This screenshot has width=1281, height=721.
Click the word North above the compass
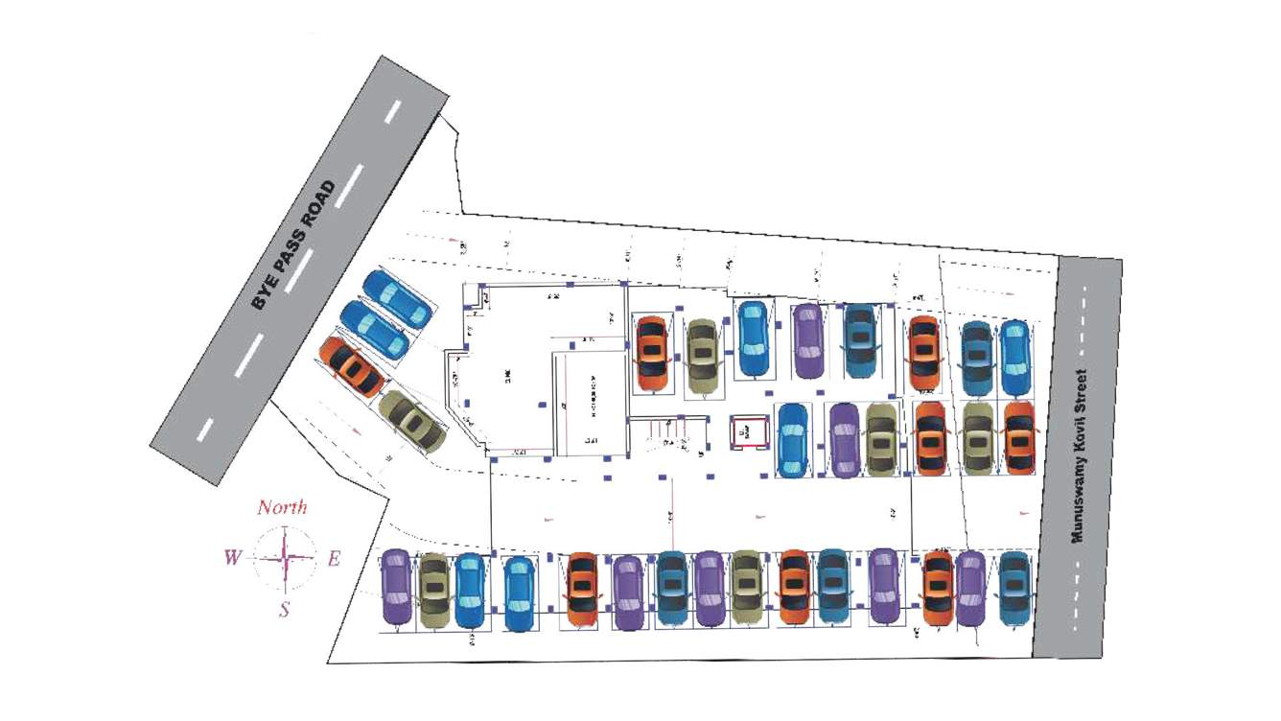coord(282,508)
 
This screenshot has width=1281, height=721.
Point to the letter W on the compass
coord(232,558)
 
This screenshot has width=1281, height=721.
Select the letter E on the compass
coord(334,559)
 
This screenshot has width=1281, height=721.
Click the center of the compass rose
coord(285,558)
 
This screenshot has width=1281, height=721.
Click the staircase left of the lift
coord(670,436)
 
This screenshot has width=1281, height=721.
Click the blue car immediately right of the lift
coord(792,439)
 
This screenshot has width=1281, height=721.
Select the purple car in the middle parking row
coord(844,440)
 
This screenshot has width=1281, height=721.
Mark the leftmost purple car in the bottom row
coord(395,587)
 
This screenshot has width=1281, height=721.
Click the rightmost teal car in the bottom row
coord(1013,587)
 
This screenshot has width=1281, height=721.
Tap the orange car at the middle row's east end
coord(1018,437)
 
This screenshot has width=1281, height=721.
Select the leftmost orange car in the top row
coord(652,352)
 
